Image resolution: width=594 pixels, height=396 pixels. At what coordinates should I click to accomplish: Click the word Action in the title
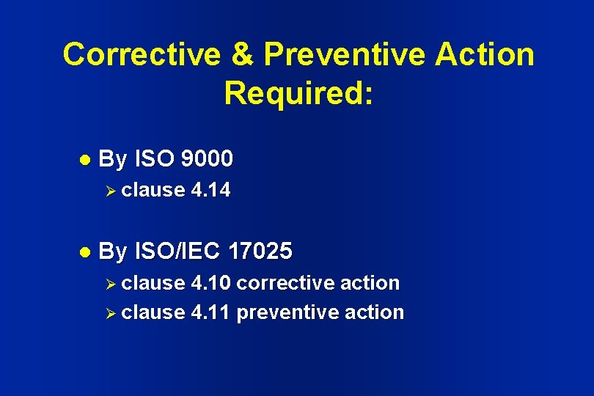point(486,55)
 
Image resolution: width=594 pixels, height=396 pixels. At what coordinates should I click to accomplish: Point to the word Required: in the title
point(298,94)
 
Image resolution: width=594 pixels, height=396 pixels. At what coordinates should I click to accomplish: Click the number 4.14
point(210,191)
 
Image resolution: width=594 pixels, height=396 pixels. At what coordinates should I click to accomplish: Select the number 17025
point(260,252)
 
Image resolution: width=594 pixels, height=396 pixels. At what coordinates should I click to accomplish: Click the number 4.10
point(210,283)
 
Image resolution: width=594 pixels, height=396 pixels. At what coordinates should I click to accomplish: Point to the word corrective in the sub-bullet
point(282,283)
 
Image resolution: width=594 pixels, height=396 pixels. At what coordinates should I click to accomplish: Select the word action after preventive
point(372,312)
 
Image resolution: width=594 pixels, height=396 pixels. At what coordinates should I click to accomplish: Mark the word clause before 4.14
point(153,191)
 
